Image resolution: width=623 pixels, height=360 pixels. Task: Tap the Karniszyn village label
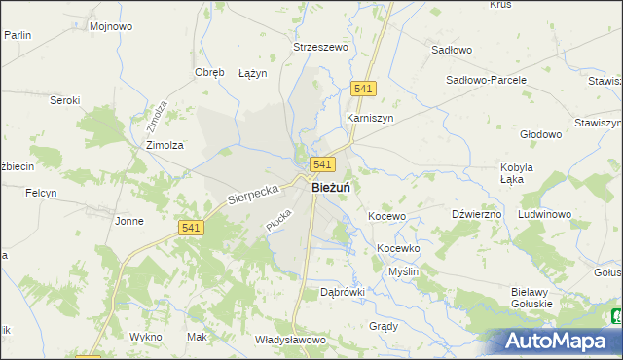369,118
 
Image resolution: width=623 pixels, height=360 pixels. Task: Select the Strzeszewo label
321,46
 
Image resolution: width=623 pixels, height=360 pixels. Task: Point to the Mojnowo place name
110,26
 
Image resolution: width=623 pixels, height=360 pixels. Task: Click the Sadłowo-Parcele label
486,80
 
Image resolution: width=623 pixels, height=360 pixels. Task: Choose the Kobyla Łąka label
517,173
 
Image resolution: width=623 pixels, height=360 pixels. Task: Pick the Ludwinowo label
550,214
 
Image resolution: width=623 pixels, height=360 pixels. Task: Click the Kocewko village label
398,248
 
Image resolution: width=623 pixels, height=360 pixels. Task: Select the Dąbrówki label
343,291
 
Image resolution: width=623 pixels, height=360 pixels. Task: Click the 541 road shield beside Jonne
191,227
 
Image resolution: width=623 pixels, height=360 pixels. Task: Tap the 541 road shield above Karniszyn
364,89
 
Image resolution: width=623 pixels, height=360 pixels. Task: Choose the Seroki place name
64,100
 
